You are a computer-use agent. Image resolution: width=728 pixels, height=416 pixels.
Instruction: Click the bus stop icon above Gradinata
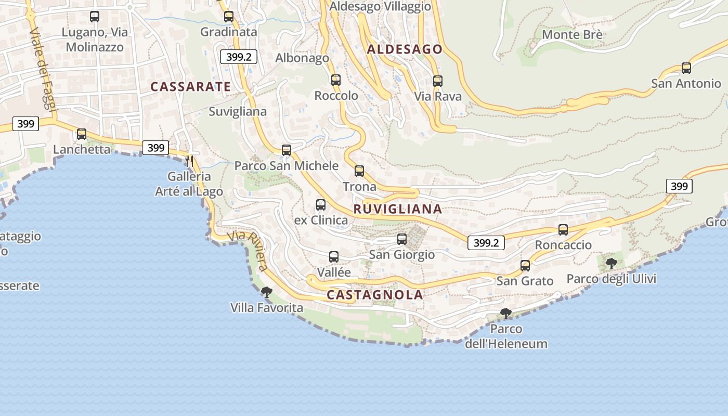229,17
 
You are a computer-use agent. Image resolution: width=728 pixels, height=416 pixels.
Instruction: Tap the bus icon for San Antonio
686,68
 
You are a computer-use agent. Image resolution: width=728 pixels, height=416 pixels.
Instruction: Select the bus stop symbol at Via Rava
438,81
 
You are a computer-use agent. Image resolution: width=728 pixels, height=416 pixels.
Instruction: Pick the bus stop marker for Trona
359,171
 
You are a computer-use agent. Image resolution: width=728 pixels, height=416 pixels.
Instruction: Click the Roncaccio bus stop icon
563,230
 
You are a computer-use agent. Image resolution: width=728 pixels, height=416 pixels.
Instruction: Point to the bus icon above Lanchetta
82,134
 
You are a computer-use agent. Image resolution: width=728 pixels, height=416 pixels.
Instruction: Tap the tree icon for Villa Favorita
267,292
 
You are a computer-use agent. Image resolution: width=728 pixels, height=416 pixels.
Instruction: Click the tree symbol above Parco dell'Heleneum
505,313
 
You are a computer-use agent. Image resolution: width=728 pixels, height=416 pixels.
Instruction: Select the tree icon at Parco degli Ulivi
612,263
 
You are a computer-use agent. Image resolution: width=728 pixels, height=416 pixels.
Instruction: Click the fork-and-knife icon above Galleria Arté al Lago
189,161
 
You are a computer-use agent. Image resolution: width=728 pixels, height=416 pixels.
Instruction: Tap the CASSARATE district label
190,87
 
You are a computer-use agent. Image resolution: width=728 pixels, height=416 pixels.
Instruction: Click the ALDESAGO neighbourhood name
405,49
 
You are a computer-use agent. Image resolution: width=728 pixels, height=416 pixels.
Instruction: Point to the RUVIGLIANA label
398,209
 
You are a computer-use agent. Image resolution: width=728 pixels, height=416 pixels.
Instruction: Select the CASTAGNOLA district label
374,295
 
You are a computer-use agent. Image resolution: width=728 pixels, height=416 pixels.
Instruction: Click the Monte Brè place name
572,35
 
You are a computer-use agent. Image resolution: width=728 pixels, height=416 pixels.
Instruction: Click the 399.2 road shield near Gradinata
239,57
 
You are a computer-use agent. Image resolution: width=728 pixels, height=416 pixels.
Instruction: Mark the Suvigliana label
238,111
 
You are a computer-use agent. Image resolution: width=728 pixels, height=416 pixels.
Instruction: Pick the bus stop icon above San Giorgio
402,239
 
